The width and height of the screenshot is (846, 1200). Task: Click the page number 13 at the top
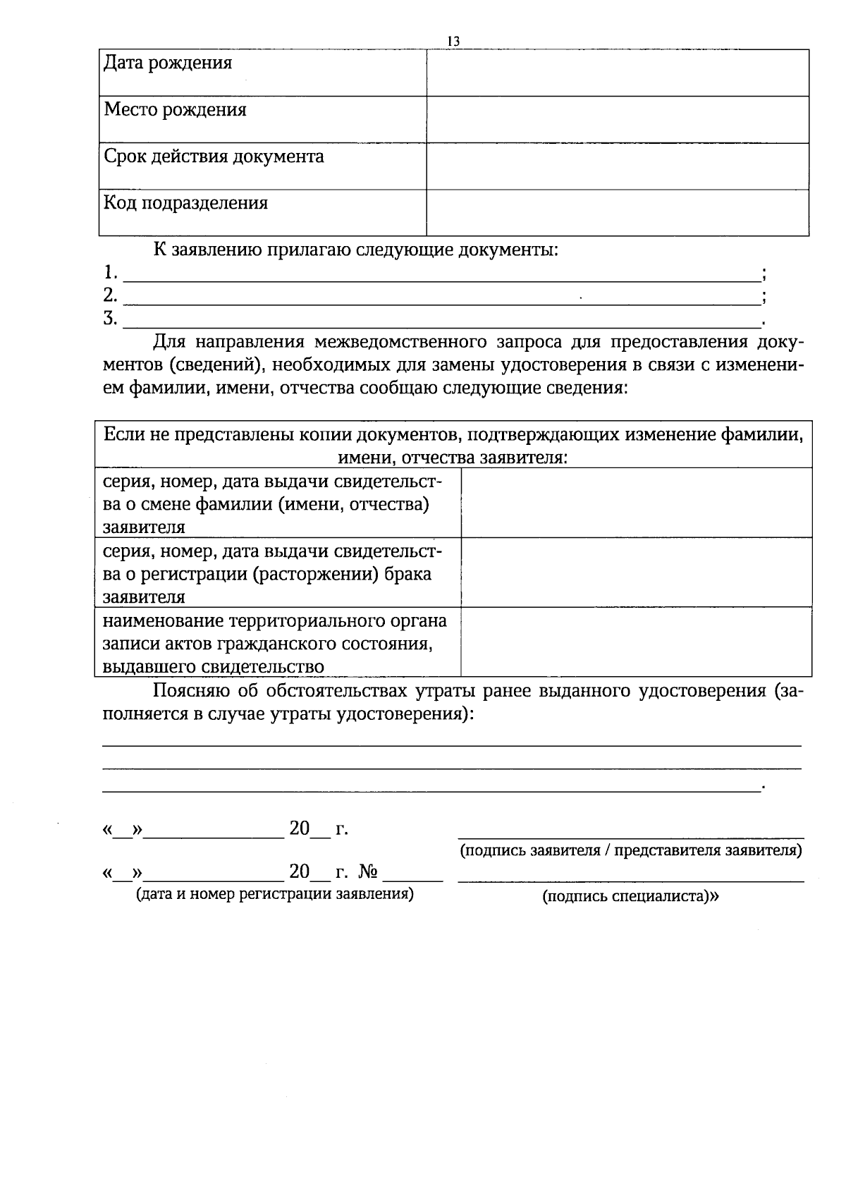[x=453, y=42]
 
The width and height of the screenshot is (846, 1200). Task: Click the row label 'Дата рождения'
[x=168, y=63]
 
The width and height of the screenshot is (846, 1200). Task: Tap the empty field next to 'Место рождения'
[x=617, y=119]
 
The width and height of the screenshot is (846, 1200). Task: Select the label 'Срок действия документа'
[x=214, y=157]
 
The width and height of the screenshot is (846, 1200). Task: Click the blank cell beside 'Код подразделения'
[x=617, y=212]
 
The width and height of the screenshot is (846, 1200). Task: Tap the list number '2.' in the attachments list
[x=110, y=295]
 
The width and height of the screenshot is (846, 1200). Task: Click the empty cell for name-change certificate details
[x=636, y=503]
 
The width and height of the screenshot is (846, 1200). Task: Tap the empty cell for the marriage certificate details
[x=636, y=572]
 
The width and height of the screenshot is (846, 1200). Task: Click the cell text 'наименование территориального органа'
[x=275, y=621]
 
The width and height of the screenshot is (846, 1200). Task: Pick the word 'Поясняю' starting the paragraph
[x=188, y=691]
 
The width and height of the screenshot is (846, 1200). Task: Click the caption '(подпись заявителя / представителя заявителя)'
[x=630, y=850]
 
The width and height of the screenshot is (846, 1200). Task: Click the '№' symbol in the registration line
[x=369, y=873]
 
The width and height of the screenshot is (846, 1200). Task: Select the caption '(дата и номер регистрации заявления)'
[x=274, y=895]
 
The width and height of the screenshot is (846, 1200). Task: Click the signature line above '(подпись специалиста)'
[x=630, y=881]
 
